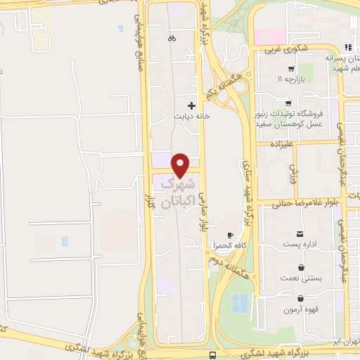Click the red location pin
181,165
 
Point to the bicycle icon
171,39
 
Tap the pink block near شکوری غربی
269,35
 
